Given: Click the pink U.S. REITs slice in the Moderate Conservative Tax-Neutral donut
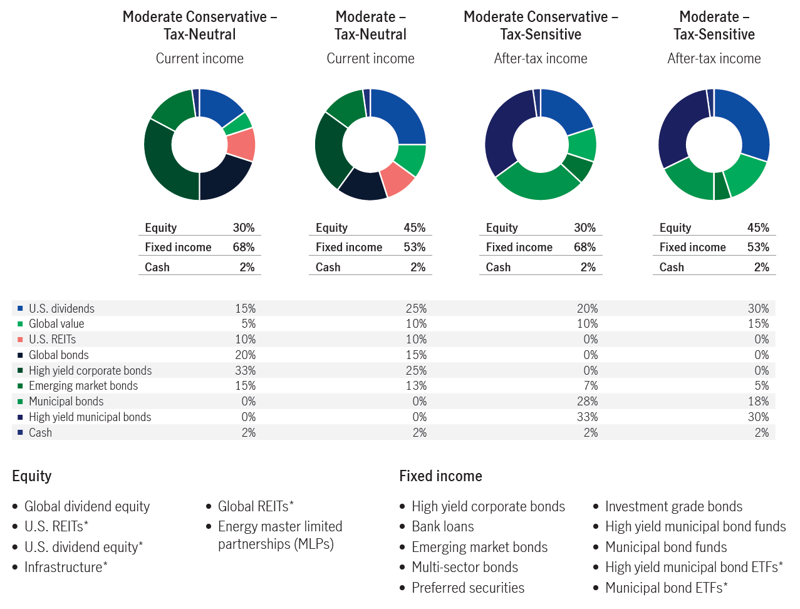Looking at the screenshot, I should click(241, 144).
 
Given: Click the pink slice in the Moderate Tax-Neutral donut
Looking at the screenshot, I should click(397, 179).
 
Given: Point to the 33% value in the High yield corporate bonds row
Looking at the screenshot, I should click(245, 370).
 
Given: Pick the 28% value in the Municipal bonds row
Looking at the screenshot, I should click(587, 401).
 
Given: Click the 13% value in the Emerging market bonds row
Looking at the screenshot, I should click(416, 385).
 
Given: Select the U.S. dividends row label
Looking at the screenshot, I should click(61, 308).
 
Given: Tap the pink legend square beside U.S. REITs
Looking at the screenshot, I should click(20, 340).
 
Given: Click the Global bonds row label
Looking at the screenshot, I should click(58, 355).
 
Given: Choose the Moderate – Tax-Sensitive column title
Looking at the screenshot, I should click(714, 26).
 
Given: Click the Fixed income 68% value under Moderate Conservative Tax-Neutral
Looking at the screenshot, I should click(243, 247).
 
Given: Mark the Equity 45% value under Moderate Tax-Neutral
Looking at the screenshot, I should click(414, 227).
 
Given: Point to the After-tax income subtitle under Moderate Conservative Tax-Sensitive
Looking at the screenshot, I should click(540, 58).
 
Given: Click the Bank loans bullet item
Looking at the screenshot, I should click(442, 526).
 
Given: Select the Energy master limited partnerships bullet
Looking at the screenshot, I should click(279, 535).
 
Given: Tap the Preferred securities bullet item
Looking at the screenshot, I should click(467, 588).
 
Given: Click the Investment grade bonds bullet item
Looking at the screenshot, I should click(673, 506).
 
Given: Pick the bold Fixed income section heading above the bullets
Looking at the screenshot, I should click(440, 476).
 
